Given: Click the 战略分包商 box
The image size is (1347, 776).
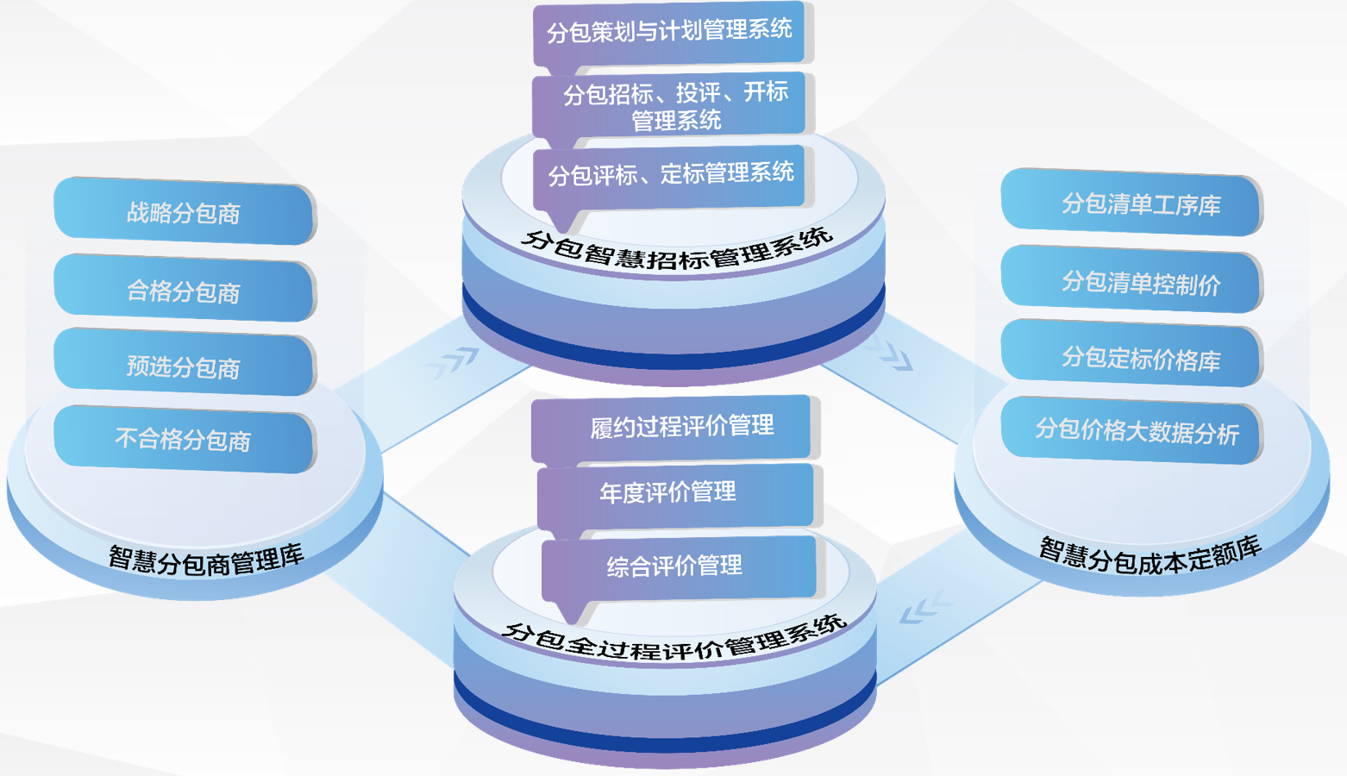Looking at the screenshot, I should tap(184, 211).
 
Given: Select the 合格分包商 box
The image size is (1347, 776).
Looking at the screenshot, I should tap(184, 290).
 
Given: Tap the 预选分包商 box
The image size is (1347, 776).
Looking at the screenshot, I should tap(184, 366).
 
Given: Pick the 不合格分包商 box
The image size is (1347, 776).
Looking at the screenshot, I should tap(184, 439).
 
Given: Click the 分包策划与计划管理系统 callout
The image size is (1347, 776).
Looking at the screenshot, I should tap(669, 32).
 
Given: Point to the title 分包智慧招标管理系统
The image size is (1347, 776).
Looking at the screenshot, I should tap(676, 251).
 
